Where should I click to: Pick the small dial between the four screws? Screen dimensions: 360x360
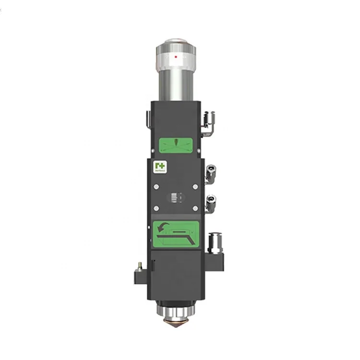pyautogui.click(x=176, y=197)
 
